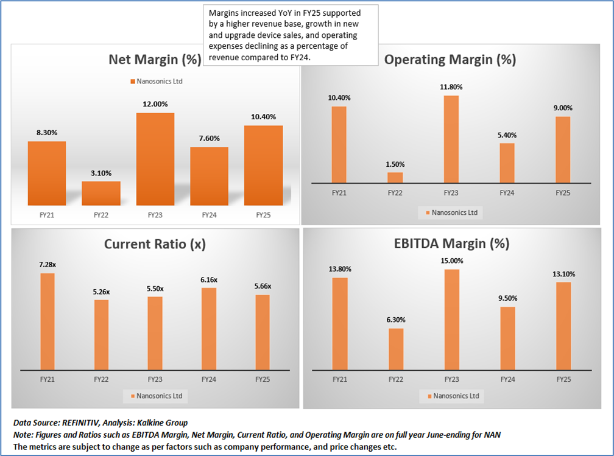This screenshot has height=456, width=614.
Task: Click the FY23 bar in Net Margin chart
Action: click(155, 159)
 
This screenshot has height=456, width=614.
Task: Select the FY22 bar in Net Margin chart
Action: click(101, 193)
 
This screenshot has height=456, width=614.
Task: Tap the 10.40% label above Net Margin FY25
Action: click(263, 117)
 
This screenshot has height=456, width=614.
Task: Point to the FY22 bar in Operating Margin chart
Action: click(395, 177)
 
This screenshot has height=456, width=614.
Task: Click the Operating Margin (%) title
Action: click(451, 60)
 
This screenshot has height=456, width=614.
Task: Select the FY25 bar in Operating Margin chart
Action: click(563, 149)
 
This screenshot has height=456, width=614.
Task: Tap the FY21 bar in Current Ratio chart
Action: click(47, 321)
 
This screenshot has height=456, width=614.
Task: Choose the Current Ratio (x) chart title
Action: click(155, 244)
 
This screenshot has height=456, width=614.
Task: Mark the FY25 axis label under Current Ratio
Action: click(263, 379)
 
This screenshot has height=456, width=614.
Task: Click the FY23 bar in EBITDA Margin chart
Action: click(451, 319)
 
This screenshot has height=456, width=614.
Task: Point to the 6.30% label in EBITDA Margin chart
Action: click(395, 320)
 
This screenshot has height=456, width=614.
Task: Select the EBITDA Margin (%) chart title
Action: click(451, 244)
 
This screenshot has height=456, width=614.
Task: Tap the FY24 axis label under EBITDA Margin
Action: click(507, 379)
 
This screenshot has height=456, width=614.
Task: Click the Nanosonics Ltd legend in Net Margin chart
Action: click(156, 81)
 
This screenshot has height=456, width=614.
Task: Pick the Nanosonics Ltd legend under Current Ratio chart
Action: click(156, 396)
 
